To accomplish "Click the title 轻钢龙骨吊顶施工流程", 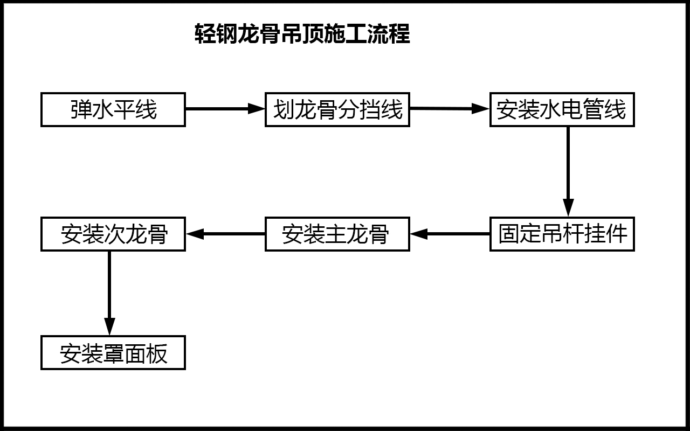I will click(x=302, y=34).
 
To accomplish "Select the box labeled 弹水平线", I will click(x=113, y=110).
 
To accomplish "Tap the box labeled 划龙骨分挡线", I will click(x=337, y=110).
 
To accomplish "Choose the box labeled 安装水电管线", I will click(x=562, y=110).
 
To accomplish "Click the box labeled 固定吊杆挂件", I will click(x=562, y=234).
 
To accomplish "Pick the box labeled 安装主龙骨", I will click(x=337, y=234).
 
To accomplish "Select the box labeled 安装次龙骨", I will click(x=113, y=234).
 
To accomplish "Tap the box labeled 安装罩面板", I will click(x=113, y=353).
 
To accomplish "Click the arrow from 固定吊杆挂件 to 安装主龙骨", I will click(x=450, y=234).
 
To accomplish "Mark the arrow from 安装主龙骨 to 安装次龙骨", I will click(x=226, y=234).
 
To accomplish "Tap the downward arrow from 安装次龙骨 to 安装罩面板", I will click(x=109, y=293).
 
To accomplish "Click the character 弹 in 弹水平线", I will click(x=81, y=110).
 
